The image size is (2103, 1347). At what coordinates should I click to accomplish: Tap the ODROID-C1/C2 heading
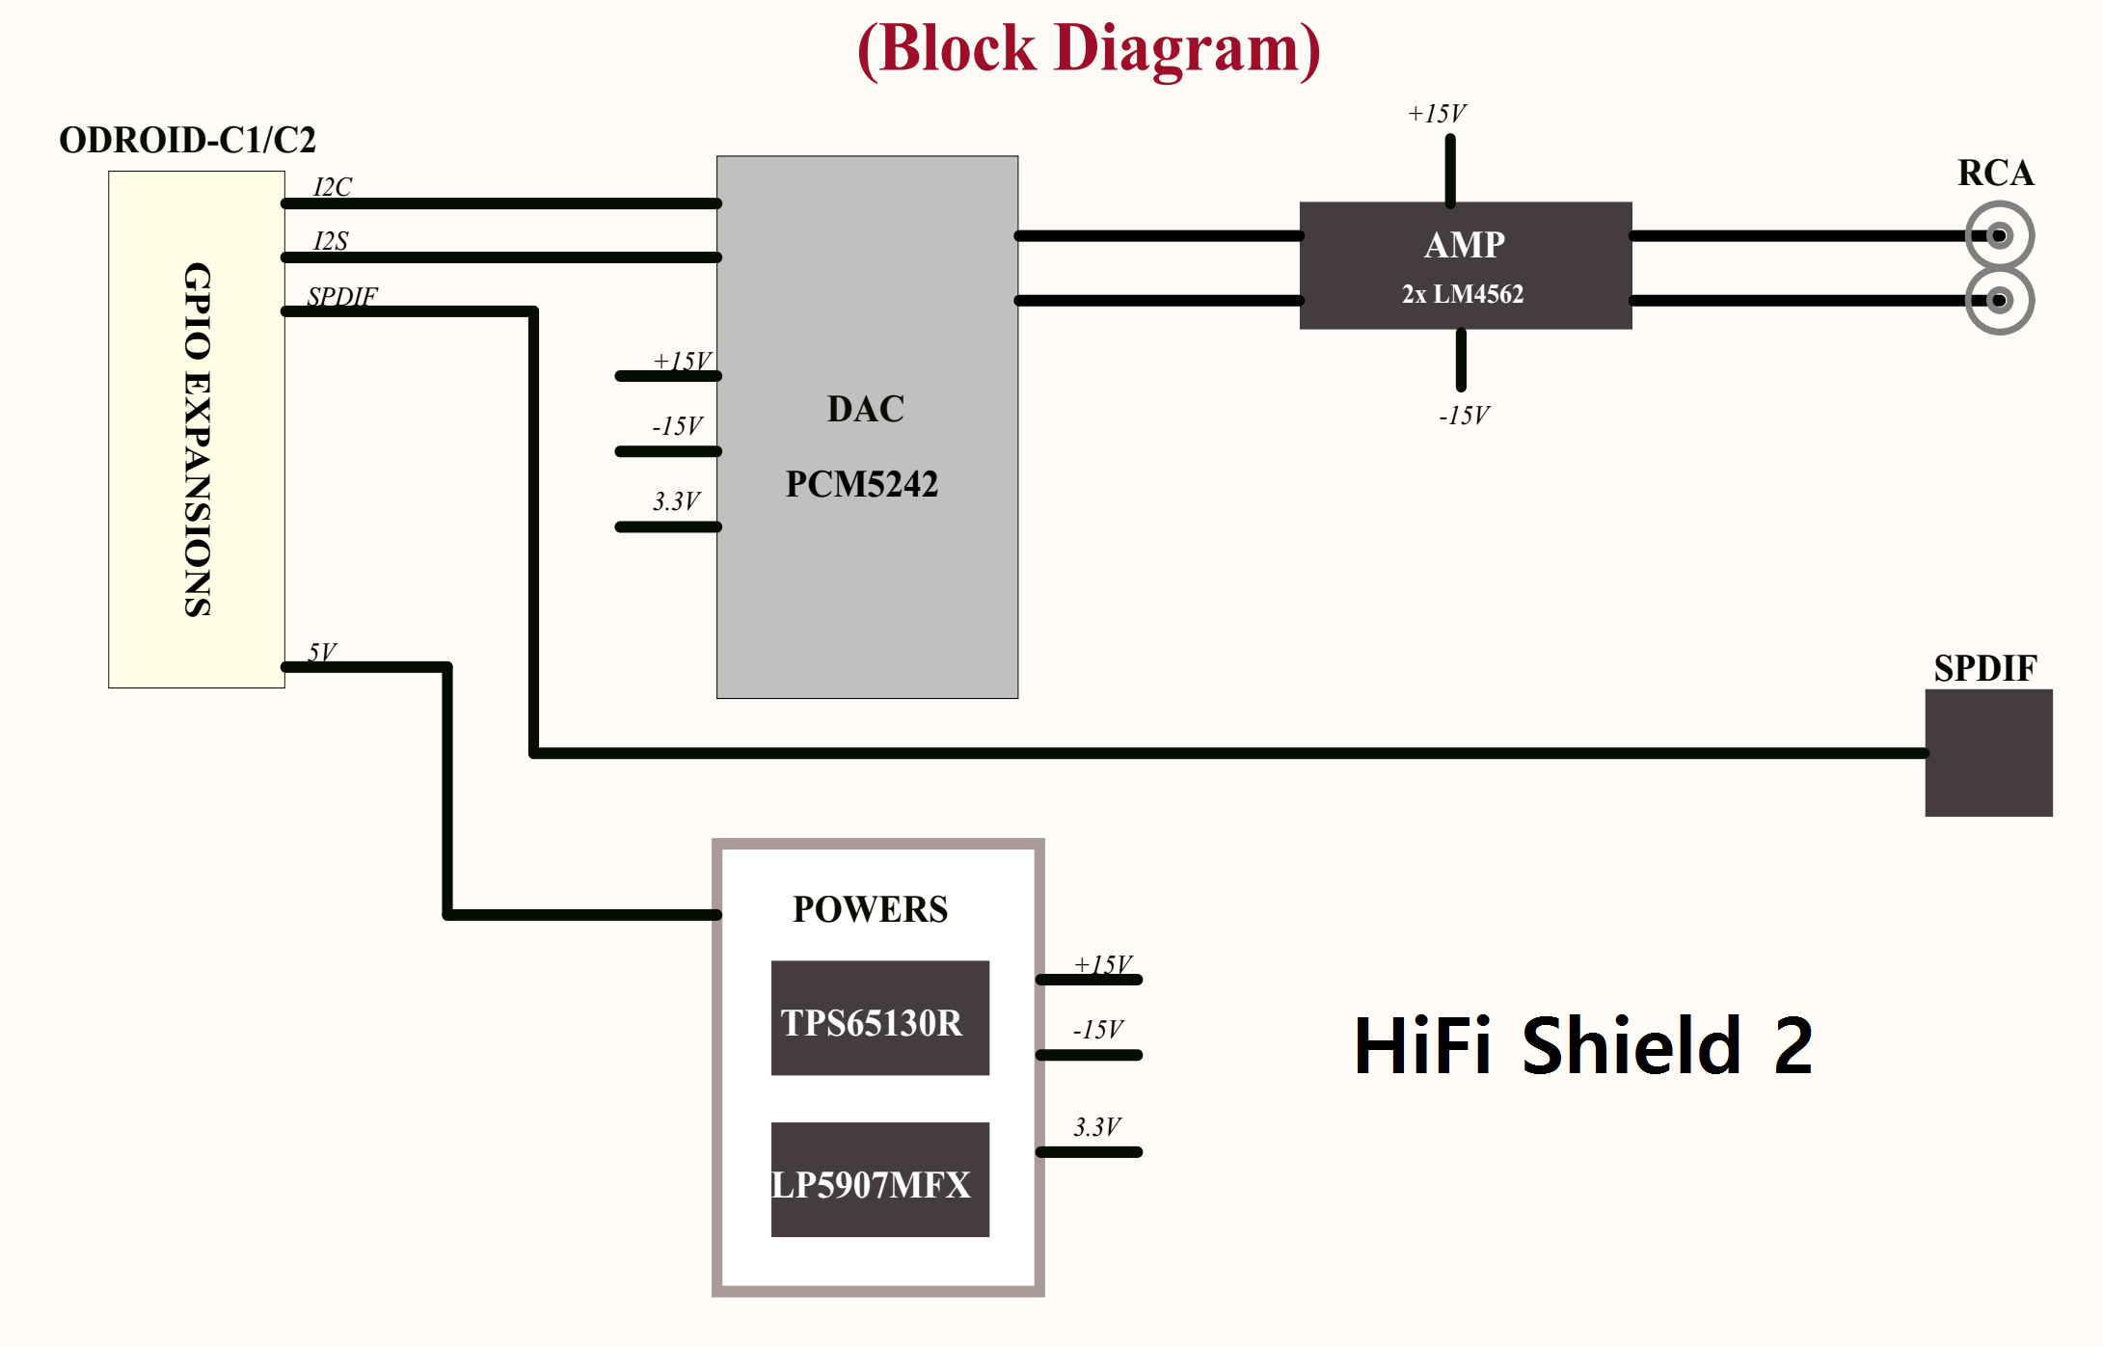[187, 140]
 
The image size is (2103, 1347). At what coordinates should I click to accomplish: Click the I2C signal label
[333, 186]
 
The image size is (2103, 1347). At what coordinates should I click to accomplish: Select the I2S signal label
[331, 240]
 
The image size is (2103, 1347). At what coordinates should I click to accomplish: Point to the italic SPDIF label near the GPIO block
[342, 295]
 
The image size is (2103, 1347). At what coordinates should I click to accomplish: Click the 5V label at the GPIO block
[322, 652]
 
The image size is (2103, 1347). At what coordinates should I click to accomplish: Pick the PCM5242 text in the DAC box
[861, 484]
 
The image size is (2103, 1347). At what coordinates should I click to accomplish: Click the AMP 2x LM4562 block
[1465, 265]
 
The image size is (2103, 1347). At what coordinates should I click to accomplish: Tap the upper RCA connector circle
[1999, 235]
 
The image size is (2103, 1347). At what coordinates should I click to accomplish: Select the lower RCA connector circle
[1999, 301]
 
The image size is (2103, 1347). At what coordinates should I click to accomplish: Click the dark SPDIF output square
[1988, 753]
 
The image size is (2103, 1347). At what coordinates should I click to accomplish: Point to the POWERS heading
[870, 909]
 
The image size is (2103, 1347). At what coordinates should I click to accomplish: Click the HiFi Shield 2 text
[1583, 1046]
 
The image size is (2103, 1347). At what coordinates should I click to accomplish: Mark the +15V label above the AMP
[1437, 114]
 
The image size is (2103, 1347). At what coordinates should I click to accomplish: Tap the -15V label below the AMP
[1464, 416]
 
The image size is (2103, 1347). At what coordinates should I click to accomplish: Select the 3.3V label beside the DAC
[676, 501]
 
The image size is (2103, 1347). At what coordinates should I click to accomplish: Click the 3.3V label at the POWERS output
[1097, 1127]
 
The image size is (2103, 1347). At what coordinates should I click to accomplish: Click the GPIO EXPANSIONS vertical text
[198, 439]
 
